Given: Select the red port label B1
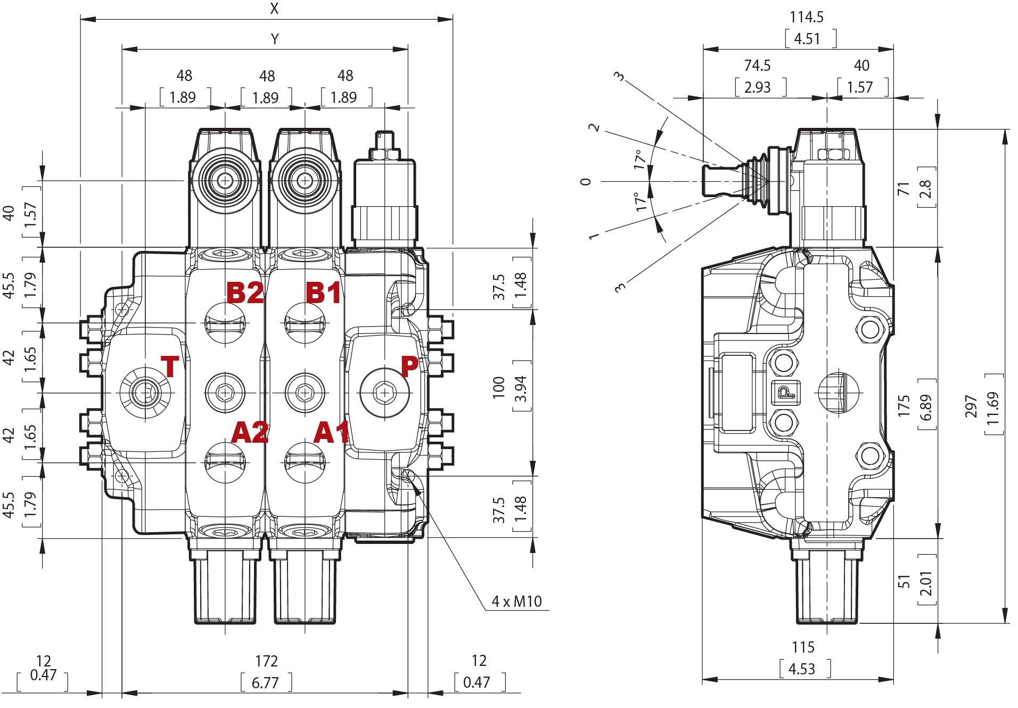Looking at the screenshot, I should [x=323, y=292].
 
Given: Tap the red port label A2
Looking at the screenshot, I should [x=250, y=432].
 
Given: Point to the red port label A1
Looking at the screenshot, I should [x=331, y=432].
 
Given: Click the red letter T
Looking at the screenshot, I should [x=170, y=367].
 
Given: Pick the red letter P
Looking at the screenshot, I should [x=409, y=367].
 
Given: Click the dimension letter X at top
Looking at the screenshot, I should [x=274, y=9].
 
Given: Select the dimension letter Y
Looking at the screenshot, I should [x=275, y=39].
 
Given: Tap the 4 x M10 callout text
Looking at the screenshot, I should [x=516, y=601].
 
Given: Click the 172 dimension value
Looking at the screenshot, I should [x=266, y=661].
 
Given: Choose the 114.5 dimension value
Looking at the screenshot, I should [x=806, y=17].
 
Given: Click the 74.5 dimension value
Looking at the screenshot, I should [x=757, y=66].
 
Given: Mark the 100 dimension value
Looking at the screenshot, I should [x=499, y=387].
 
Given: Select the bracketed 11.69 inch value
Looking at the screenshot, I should [x=993, y=409].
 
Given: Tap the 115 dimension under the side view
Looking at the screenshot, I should [x=803, y=647].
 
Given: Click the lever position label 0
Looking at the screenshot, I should [x=586, y=182].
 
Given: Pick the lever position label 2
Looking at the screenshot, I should [x=594, y=127].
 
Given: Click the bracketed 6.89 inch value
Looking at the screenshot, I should [x=926, y=408].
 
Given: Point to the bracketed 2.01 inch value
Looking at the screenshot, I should [x=926, y=583].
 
